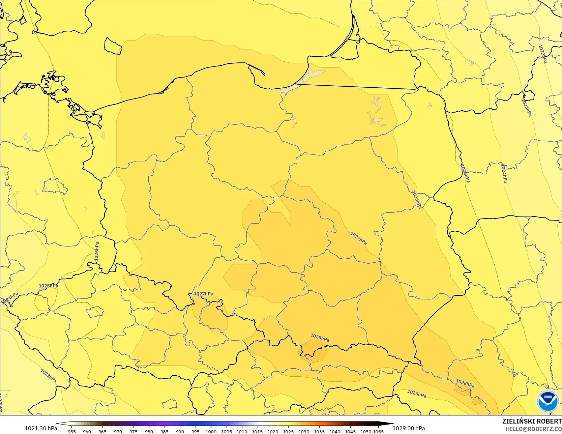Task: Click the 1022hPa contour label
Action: click(x=542, y=54)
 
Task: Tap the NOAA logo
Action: click(x=548, y=401)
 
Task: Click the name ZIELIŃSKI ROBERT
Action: click(x=532, y=421)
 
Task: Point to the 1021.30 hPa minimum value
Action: click(x=41, y=428)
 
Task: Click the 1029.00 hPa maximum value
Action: click(x=409, y=428)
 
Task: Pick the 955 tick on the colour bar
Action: click(x=72, y=431)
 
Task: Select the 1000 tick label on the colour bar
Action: click(x=211, y=431)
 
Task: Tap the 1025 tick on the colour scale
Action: click(x=288, y=431)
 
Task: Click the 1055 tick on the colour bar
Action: click(x=378, y=431)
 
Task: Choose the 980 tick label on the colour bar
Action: click(x=149, y=431)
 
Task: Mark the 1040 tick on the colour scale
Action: click(x=335, y=431)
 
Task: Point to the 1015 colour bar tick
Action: click(x=257, y=431)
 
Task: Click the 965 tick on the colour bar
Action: click(x=102, y=431)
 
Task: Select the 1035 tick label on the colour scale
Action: click(x=319, y=431)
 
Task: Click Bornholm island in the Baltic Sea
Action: click(x=113, y=46)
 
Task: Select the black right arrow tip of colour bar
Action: click(x=392, y=424)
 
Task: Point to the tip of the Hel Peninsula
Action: click(x=264, y=75)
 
